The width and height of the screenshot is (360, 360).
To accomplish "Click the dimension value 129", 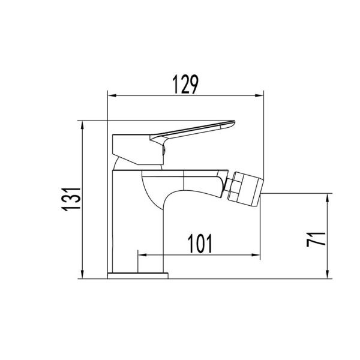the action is coord(185,84).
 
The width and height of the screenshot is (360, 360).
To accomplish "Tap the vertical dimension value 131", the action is coord(71,199).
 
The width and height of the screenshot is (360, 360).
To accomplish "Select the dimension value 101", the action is coord(200,244).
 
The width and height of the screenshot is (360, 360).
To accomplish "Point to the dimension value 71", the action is coord(316,239).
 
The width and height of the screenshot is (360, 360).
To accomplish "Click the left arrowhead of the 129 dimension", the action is coord(112,96).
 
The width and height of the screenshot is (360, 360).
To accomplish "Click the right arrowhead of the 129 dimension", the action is coord(259,96).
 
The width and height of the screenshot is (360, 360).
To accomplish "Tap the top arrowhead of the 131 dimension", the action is coord(82,125).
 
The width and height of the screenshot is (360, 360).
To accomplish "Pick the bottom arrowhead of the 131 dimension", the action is coord(82,274).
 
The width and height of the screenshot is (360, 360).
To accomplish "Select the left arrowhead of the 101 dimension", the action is coord(142,255).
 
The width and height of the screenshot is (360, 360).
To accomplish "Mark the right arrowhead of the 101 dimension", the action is coord(256,255).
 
